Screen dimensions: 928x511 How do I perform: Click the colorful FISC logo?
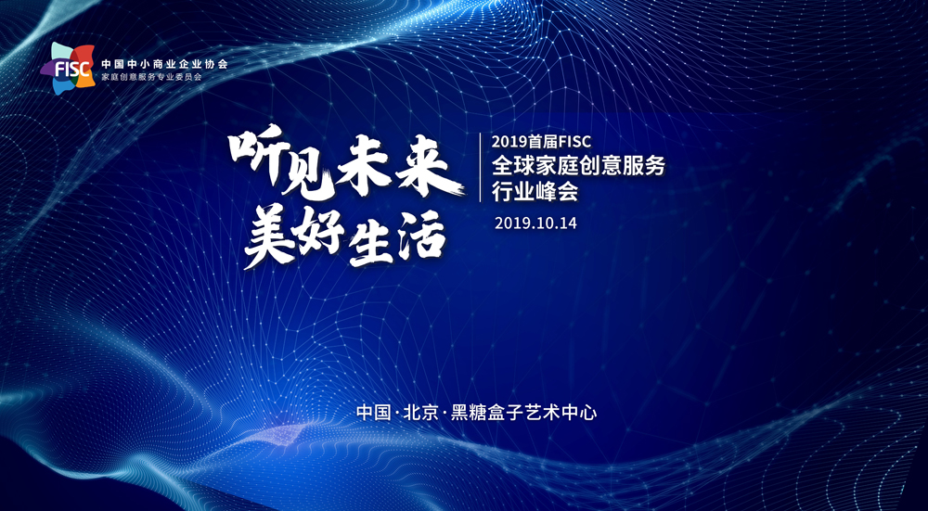click(68, 69)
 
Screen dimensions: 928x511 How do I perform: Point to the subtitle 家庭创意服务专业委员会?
click(152, 78)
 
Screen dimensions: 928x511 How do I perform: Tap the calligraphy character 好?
click(322, 237)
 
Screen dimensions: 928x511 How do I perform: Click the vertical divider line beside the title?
click(480, 168)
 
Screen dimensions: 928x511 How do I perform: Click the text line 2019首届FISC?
click(546, 143)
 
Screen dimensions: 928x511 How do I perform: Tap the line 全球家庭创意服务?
click(579, 167)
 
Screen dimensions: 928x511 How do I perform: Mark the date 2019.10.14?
click(535, 224)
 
